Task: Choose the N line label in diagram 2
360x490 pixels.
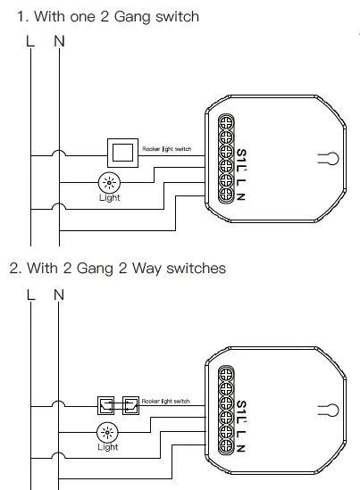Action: click(x=59, y=294)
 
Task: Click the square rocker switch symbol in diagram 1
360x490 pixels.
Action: click(x=121, y=152)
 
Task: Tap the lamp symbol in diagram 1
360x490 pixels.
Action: click(x=108, y=182)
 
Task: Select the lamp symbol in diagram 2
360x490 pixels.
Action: click(x=108, y=433)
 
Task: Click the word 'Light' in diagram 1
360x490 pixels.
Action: click(x=109, y=197)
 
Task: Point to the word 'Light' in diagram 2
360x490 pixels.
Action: click(x=108, y=447)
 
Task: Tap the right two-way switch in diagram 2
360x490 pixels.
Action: click(x=131, y=406)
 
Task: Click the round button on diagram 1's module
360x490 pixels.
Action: click(x=328, y=160)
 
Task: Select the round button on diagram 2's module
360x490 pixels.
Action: click(x=328, y=411)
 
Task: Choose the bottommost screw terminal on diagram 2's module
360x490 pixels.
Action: click(x=225, y=452)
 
